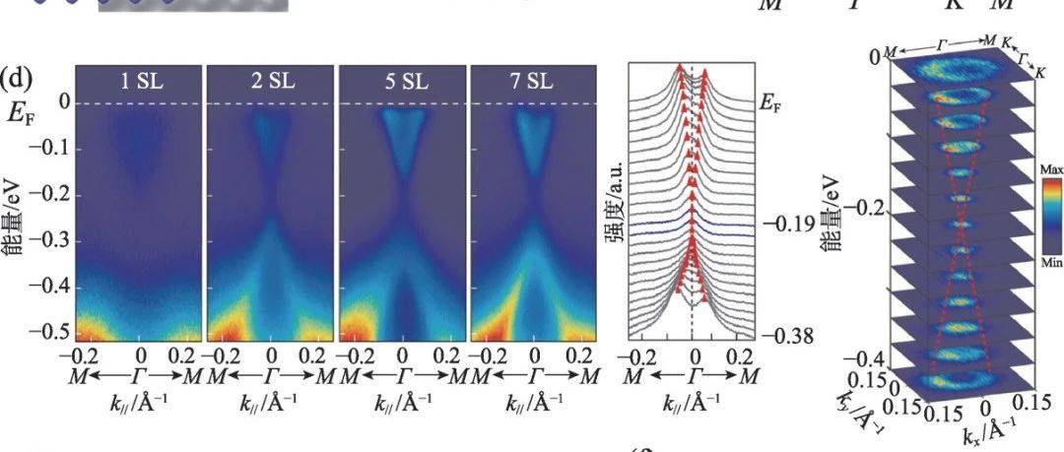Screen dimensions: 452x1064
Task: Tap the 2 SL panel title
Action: click(x=271, y=78)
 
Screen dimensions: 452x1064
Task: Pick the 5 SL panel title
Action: click(x=402, y=78)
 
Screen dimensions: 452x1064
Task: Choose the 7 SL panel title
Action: click(x=533, y=78)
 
